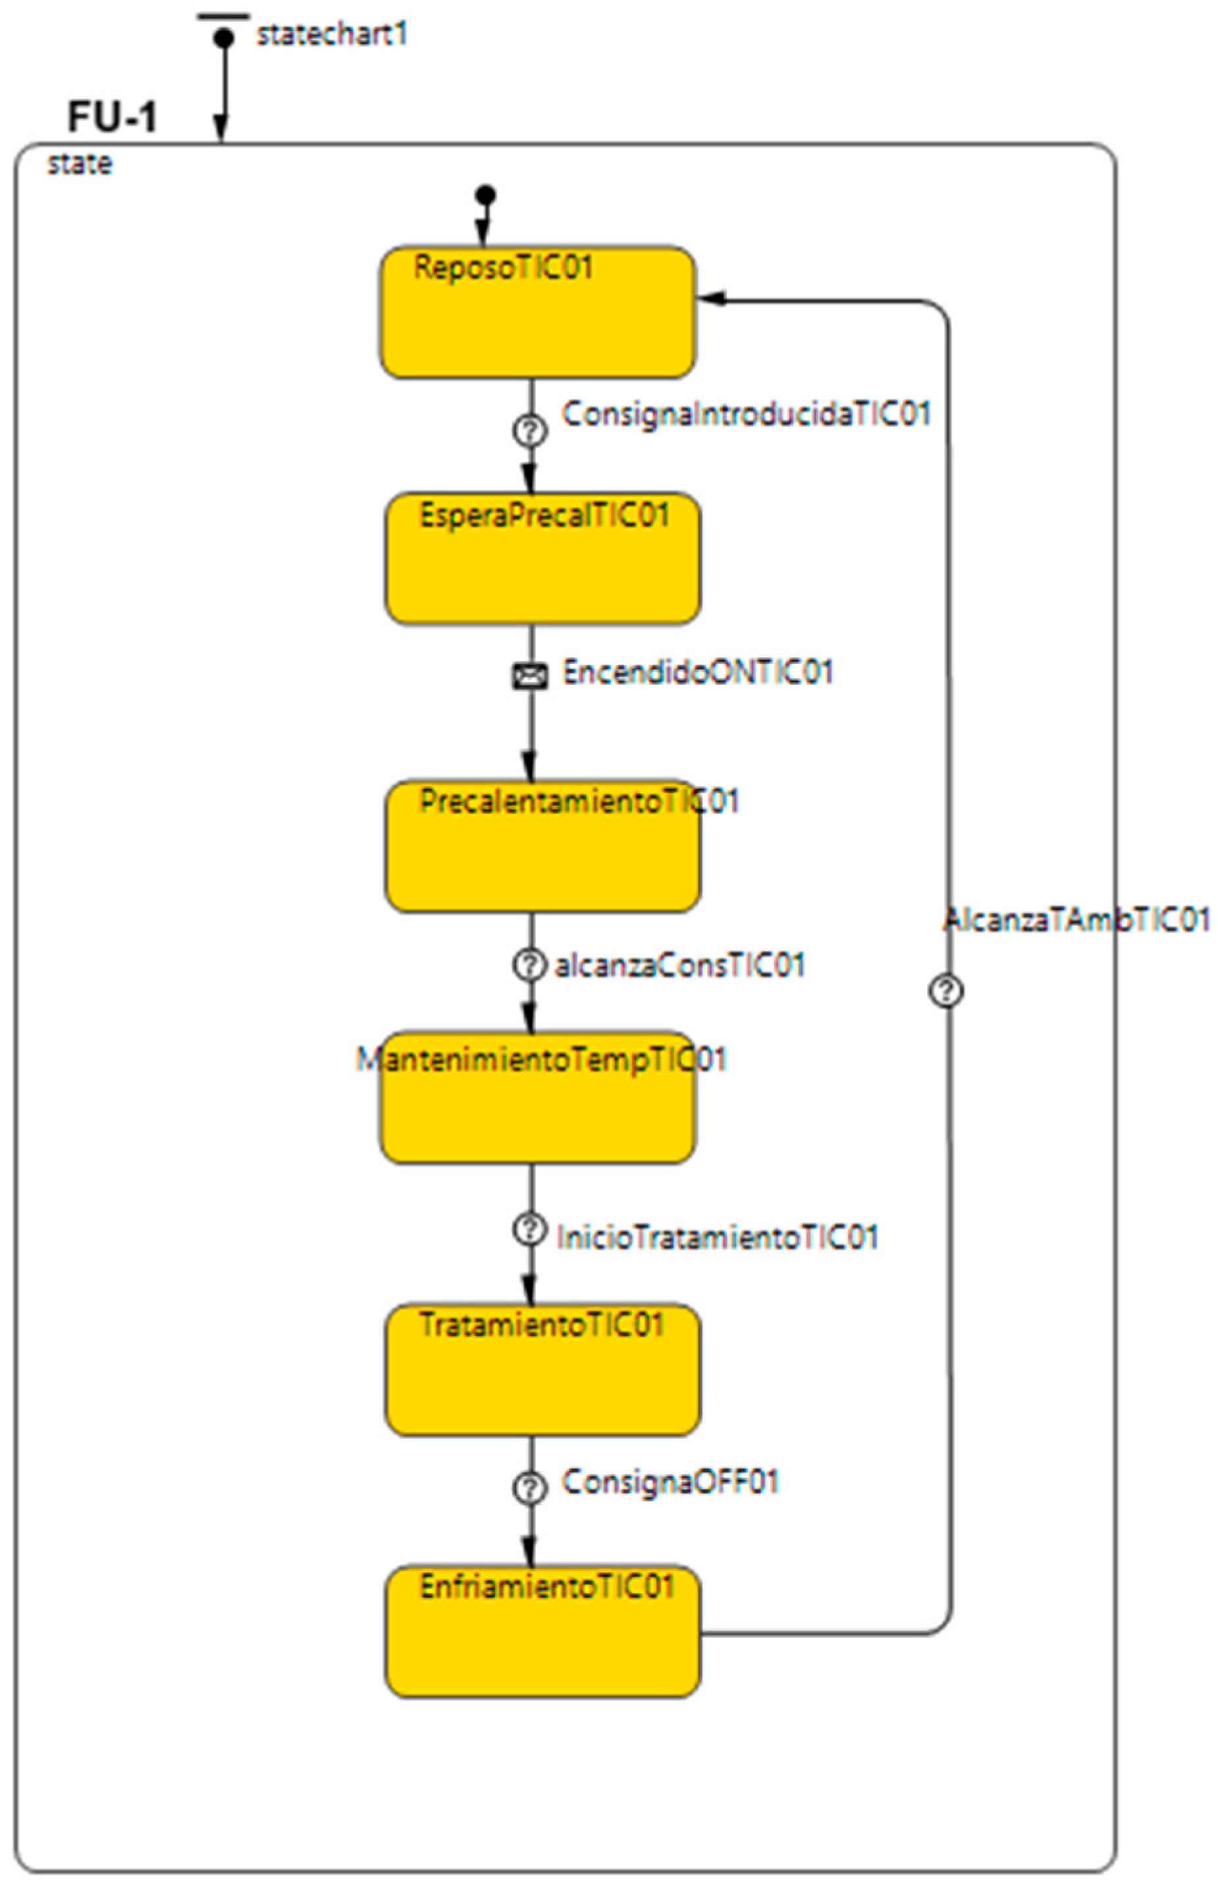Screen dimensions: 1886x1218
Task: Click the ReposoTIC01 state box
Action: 538,313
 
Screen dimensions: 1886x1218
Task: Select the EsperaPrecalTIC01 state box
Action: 543,559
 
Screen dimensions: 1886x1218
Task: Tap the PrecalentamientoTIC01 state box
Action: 543,846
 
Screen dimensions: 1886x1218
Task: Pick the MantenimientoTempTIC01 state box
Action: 538,1097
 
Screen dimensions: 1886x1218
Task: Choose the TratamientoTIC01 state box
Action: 543,1370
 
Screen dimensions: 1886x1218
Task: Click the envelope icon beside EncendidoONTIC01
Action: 530,676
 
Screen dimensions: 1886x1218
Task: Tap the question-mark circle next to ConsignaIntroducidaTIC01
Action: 530,431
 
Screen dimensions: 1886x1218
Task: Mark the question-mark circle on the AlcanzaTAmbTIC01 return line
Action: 946,990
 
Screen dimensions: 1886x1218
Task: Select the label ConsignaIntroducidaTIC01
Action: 746,414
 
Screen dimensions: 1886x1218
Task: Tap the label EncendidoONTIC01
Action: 698,672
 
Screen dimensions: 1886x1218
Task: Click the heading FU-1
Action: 113,117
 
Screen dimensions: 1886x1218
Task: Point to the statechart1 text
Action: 331,35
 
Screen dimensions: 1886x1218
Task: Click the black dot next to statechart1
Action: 224,37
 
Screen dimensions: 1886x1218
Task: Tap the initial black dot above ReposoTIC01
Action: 486,195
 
